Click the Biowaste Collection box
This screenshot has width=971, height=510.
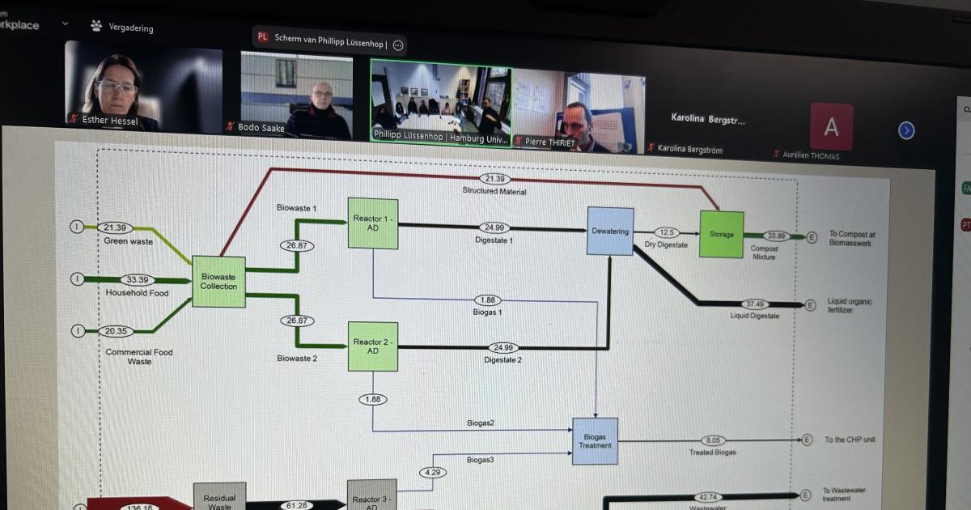(218, 281)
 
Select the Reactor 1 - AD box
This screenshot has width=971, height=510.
(373, 223)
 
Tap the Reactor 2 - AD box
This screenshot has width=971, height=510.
(373, 346)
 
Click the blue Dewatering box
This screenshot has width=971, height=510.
(610, 232)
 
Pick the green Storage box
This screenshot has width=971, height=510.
(721, 234)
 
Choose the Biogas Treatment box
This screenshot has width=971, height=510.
(595, 441)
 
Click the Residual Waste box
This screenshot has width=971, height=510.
(219, 497)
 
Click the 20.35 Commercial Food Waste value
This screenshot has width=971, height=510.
(115, 330)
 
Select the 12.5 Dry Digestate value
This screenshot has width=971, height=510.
(666, 232)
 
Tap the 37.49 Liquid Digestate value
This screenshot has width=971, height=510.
(754, 304)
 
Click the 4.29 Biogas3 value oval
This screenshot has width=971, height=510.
(431, 472)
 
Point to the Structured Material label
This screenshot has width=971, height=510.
(494, 191)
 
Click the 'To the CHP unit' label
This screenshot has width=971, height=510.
(850, 440)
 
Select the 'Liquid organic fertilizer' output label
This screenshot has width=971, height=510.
(850, 305)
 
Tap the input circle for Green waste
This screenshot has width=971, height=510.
(77, 227)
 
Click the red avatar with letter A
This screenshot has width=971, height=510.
(831, 127)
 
